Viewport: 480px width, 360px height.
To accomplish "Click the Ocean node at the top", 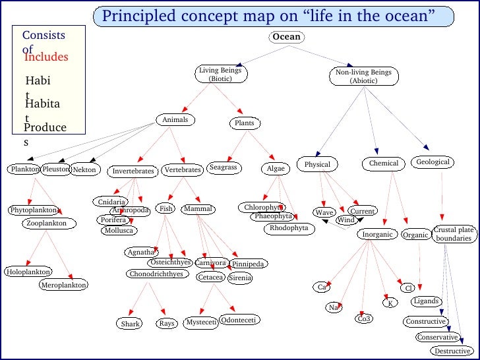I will tap(287, 37).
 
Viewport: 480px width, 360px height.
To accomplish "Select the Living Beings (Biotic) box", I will tap(220, 75).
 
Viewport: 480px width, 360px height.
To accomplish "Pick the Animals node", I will tap(175, 120).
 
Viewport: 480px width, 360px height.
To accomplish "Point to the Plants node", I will tap(244, 123).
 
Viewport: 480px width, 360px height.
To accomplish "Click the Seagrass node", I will tap(223, 168).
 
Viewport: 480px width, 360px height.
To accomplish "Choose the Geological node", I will tap(433, 162).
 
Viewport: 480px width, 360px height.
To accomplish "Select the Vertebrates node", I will tap(182, 170).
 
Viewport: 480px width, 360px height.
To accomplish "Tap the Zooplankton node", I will tap(46, 224).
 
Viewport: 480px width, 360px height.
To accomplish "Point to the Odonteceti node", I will tap(239, 320).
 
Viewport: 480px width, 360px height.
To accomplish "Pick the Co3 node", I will tap(364, 319).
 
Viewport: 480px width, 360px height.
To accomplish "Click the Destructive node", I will tap(452, 351).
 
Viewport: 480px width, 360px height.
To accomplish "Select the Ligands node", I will tap(426, 301).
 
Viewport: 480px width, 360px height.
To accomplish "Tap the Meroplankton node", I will tap(63, 285).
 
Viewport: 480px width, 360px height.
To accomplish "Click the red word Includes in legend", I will tap(46, 57).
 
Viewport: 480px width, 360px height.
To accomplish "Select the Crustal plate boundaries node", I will tap(453, 234).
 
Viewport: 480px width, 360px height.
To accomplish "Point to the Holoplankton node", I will tap(28, 272).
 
